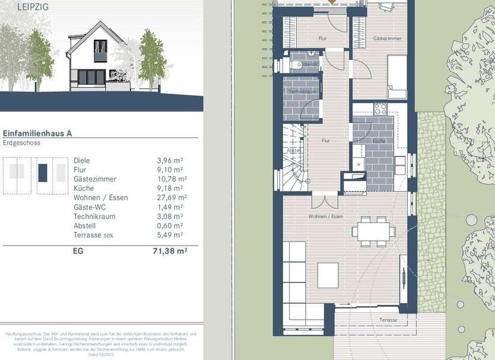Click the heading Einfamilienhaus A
(x=38, y=134)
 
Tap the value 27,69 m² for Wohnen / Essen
(x=172, y=197)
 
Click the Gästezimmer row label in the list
(x=95, y=179)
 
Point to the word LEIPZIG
(x=17, y=8)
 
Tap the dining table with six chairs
(x=374, y=230)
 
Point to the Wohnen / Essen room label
(x=325, y=216)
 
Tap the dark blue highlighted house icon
(x=43, y=173)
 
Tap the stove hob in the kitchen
(x=379, y=109)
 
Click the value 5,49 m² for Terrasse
(x=172, y=235)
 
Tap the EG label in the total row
(x=78, y=251)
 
